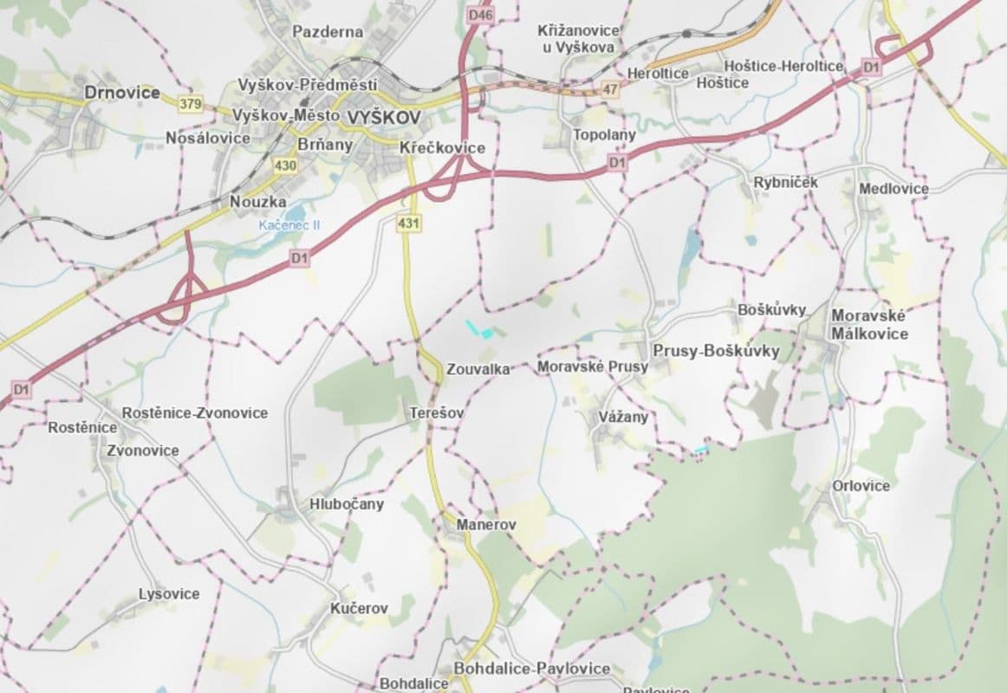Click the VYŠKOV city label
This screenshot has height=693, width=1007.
pyautogui.click(x=382, y=117)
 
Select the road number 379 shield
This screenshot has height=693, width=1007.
pyautogui.click(x=190, y=104)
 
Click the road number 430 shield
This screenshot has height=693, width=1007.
pyautogui.click(x=284, y=165)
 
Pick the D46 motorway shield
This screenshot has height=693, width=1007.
pyautogui.click(x=478, y=15)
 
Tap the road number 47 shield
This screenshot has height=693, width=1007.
pyautogui.click(x=612, y=88)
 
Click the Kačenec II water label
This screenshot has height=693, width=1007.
pyautogui.click(x=289, y=224)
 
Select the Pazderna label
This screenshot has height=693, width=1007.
pyautogui.click(x=328, y=32)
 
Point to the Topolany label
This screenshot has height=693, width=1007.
pyautogui.click(x=604, y=135)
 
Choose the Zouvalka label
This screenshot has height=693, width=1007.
pyautogui.click(x=478, y=369)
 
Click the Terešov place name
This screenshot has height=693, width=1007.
pyautogui.click(x=436, y=414)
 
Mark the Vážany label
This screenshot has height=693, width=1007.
pyautogui.click(x=623, y=418)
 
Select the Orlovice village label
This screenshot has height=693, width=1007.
pyautogui.click(x=861, y=486)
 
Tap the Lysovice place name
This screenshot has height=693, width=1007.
pyautogui.click(x=169, y=594)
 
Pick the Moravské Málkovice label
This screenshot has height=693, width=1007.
pyautogui.click(x=869, y=325)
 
